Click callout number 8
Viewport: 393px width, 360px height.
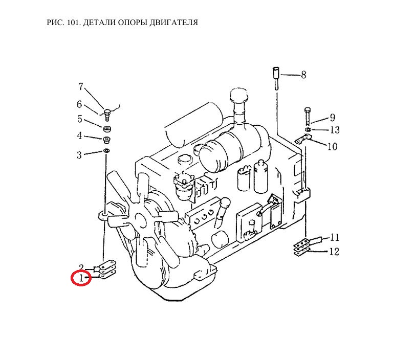coord(303,75)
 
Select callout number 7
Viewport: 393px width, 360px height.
coord(80,87)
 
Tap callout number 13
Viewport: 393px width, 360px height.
coord(335,130)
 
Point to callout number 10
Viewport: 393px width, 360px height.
coord(332,146)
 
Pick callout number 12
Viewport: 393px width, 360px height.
coord(334,251)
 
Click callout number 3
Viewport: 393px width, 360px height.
coord(79,155)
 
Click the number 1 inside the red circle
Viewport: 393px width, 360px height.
coord(81,278)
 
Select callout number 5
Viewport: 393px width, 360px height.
coord(80,119)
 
